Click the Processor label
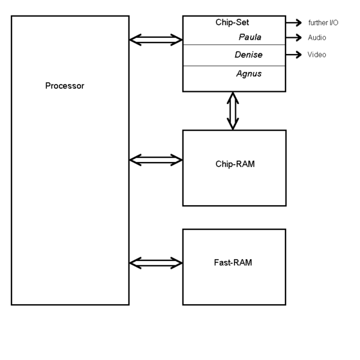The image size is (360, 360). click(x=65, y=86)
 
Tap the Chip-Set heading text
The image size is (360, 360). click(x=232, y=23)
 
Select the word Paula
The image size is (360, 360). click(x=250, y=37)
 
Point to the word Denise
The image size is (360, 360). click(x=248, y=55)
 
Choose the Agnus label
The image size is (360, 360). click(x=248, y=74)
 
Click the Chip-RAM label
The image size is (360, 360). click(x=235, y=164)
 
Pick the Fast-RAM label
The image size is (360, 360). click(x=234, y=262)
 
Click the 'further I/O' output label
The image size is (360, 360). click(x=323, y=23)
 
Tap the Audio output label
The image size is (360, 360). click(x=317, y=37)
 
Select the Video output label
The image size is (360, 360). click(x=317, y=55)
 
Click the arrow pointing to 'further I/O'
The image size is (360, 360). click(x=293, y=23)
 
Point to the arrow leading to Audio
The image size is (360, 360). click(x=293, y=37)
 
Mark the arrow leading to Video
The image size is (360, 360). click(x=293, y=55)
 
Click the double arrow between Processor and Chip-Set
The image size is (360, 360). click(x=155, y=40)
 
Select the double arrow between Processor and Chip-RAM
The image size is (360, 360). click(x=155, y=160)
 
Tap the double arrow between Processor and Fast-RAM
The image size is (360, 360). click(x=155, y=262)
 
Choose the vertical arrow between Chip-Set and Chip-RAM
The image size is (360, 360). click(x=233, y=111)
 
